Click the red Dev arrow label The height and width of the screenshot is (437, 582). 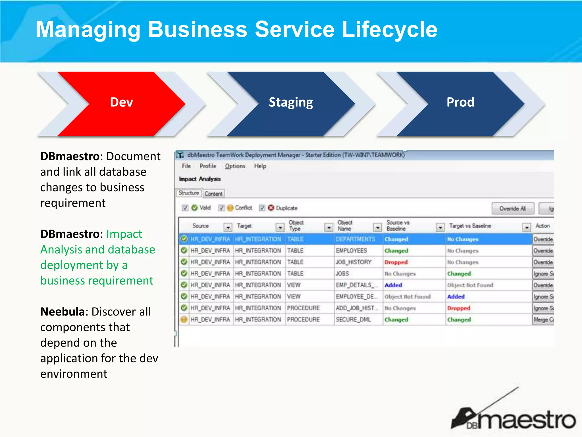(x=121, y=102)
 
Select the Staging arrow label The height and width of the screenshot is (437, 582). (x=291, y=102)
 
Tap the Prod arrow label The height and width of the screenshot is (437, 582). (x=460, y=102)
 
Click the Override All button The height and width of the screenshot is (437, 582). (x=513, y=209)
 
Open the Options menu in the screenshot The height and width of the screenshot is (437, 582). (x=235, y=166)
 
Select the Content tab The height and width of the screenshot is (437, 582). (x=213, y=194)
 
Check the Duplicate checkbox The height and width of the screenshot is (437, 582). (x=262, y=208)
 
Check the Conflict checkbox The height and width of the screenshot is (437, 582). (x=221, y=208)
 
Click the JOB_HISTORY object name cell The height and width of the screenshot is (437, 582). (x=354, y=262)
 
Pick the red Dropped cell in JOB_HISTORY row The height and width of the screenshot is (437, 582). (x=396, y=262)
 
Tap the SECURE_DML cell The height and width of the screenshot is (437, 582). (x=353, y=319)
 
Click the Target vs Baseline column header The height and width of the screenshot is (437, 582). (x=470, y=226)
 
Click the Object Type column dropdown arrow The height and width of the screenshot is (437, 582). (x=329, y=227)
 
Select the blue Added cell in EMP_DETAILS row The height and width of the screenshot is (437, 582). (x=393, y=285)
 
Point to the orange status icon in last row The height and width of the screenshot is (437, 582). (x=184, y=319)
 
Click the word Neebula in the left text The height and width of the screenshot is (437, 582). (x=63, y=312)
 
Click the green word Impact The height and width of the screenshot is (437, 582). (x=124, y=234)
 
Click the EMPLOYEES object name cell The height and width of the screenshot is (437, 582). (x=351, y=251)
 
